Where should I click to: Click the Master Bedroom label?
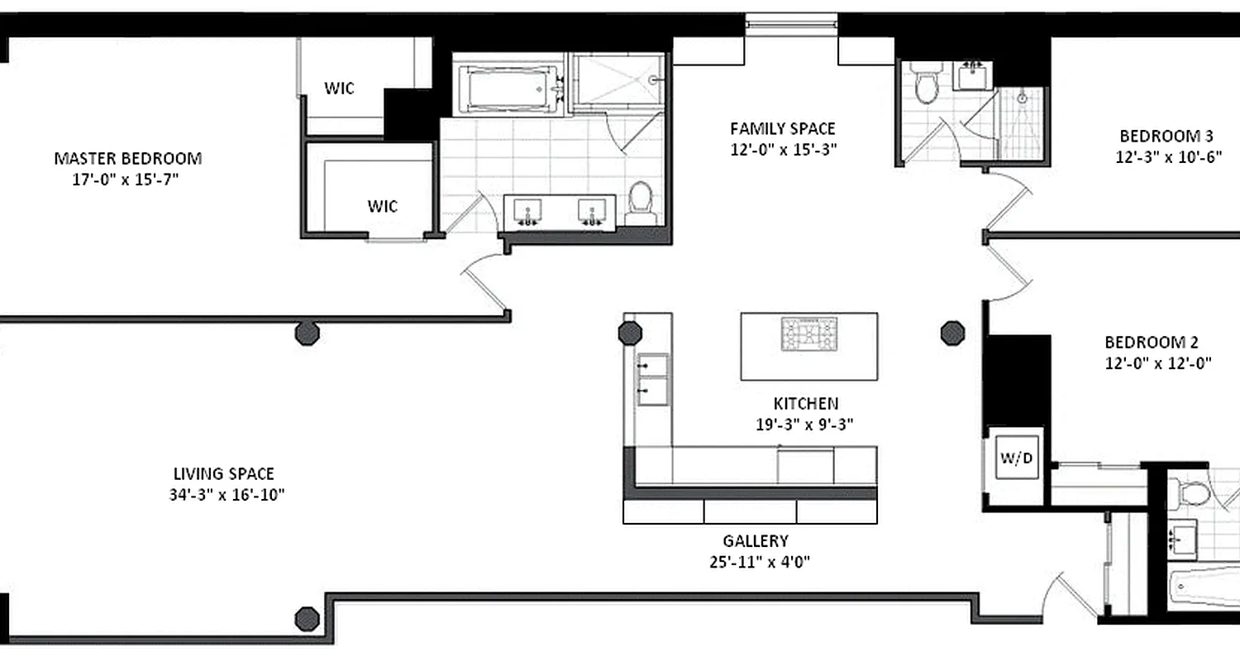(x=127, y=158)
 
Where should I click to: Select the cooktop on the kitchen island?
(x=809, y=334)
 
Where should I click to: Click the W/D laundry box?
(x=1016, y=459)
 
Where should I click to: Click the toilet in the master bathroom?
(x=641, y=203)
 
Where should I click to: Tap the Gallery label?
(x=756, y=541)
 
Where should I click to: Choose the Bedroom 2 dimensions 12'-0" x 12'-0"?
(x=1152, y=362)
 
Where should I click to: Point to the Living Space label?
(x=223, y=474)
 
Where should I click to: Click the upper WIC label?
(x=339, y=88)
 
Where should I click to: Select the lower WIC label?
(x=383, y=206)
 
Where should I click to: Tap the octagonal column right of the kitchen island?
(x=952, y=333)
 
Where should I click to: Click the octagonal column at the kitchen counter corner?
(x=630, y=333)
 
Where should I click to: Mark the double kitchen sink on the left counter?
(x=652, y=377)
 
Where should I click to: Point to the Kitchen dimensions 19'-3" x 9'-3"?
(x=805, y=424)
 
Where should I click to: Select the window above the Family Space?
(x=791, y=24)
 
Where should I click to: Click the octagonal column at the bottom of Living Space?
(x=307, y=617)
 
